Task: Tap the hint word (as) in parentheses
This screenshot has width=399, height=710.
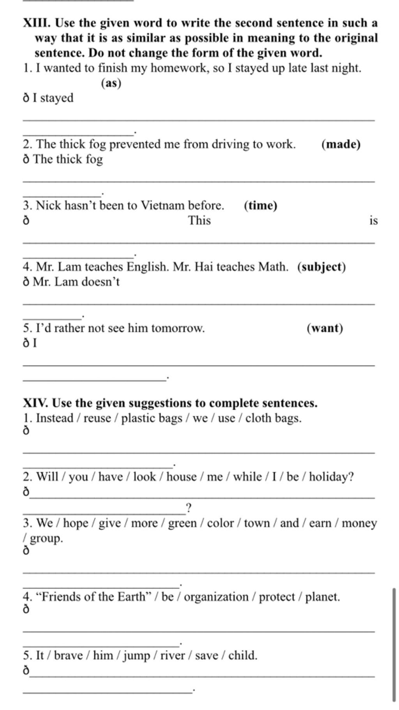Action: tap(111, 83)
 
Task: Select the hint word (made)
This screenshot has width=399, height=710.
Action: tap(341, 144)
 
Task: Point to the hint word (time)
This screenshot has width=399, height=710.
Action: tap(261, 205)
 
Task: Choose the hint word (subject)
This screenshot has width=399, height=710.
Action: tap(321, 267)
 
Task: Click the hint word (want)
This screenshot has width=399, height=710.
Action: tap(325, 328)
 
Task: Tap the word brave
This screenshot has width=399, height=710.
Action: tap(68, 655)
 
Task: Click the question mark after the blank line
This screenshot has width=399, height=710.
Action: tap(189, 508)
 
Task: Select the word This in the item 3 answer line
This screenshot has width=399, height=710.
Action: tap(199, 220)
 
